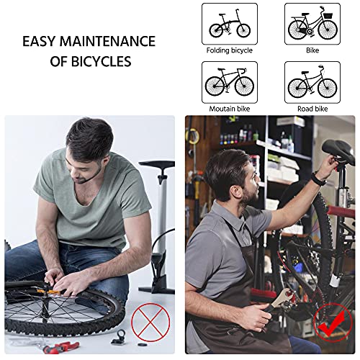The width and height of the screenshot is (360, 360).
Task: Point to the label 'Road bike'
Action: pos(312,109)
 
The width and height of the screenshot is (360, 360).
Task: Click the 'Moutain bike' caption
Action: pos(230,109)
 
